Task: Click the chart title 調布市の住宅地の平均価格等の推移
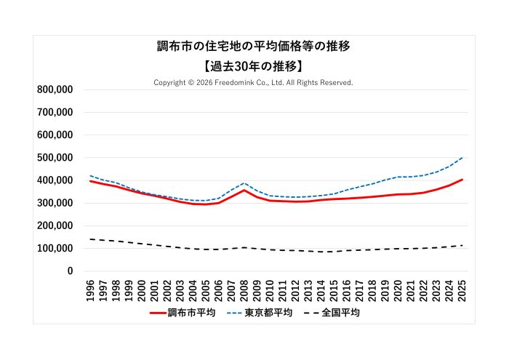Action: click(254, 46)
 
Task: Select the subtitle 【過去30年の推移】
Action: click(254, 65)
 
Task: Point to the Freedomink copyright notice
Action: click(254, 82)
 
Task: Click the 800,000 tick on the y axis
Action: click(55, 89)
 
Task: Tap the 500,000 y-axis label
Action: click(55, 158)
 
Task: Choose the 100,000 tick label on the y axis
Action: click(55, 249)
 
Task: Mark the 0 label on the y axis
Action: click(70, 271)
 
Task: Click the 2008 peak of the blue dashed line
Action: click(244, 183)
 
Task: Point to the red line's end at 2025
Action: click(462, 180)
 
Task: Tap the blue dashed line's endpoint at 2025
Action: click(462, 157)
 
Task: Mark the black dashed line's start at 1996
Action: click(90, 239)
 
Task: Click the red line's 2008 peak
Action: click(244, 191)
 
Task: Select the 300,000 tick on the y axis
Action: click(55, 203)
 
